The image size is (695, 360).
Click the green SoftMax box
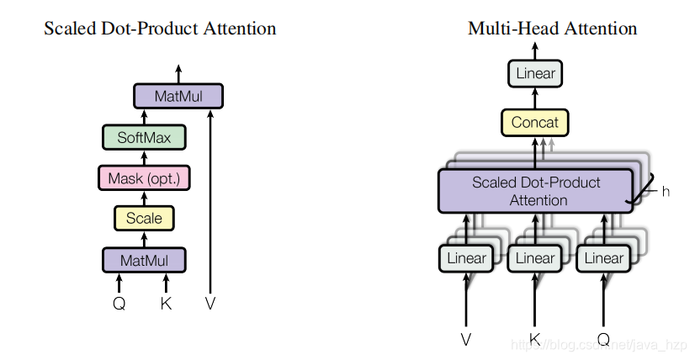tap(143, 136)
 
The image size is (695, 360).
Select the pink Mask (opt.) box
tap(143, 178)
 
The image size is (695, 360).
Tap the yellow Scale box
tap(143, 219)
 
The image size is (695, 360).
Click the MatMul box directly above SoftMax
tap(178, 96)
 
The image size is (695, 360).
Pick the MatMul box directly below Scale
tap(143, 260)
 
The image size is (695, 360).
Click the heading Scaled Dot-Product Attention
tap(160, 29)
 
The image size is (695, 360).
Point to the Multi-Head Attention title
tap(552, 29)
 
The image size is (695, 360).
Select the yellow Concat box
tap(535, 123)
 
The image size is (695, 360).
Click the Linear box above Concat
tap(535, 74)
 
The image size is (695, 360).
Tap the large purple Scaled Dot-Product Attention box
tap(535, 191)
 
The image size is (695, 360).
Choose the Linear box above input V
tap(466, 257)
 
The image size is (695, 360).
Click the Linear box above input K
tap(535, 257)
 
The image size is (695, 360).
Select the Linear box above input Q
tap(603, 257)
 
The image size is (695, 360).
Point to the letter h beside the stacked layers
tap(666, 192)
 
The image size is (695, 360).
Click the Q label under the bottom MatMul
tap(119, 304)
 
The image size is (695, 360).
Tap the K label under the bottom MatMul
tap(166, 304)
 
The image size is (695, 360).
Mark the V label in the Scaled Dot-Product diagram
tap(210, 304)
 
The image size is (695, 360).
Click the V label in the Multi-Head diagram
tap(466, 339)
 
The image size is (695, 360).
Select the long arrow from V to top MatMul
tap(210, 202)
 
